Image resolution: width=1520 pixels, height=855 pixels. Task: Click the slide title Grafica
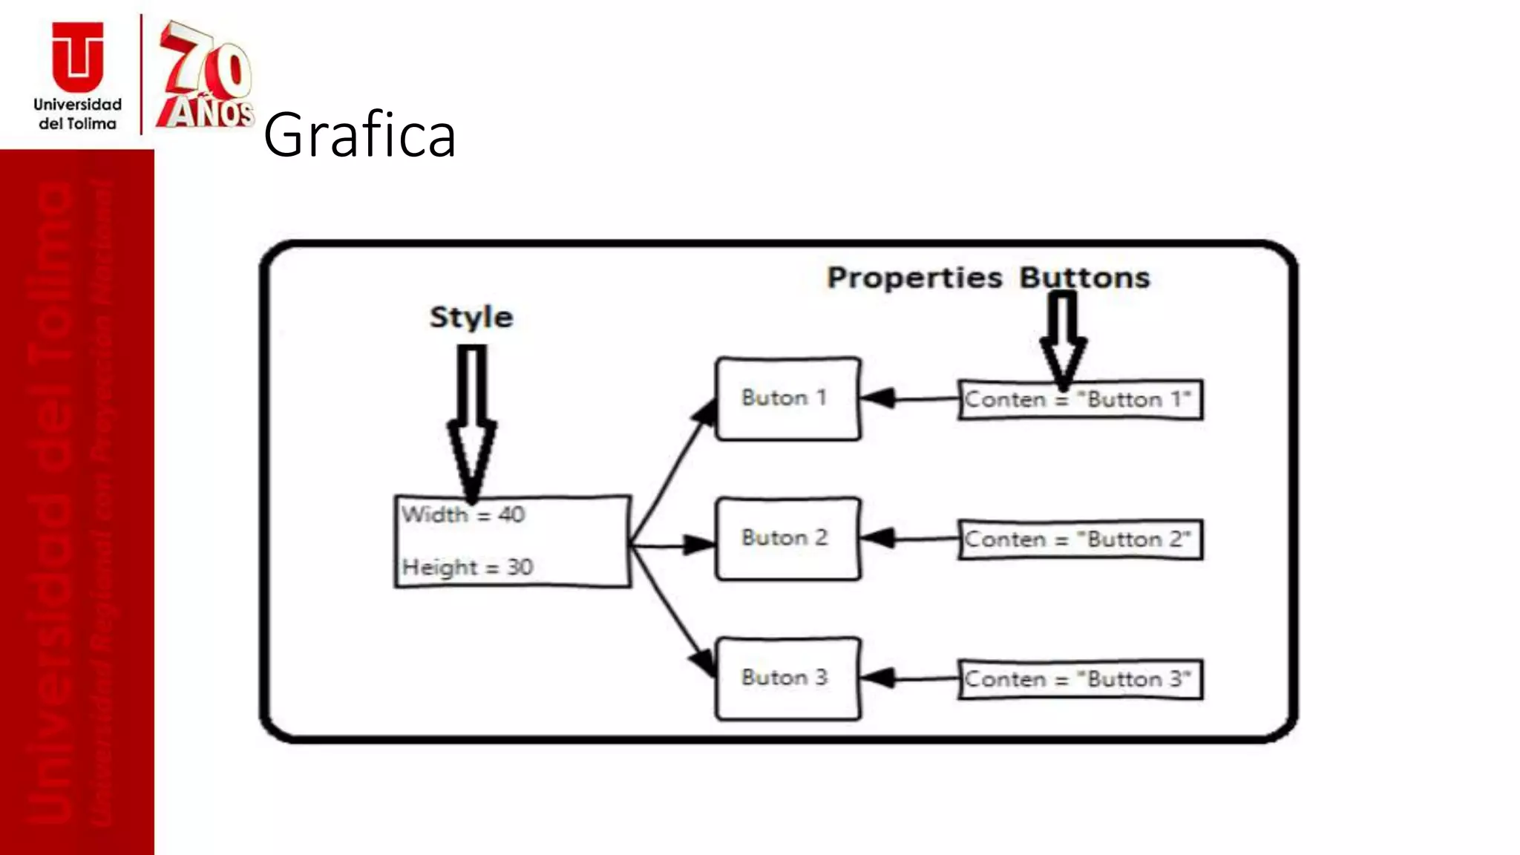pos(359,135)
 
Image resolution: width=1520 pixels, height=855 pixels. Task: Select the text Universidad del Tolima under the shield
pos(77,114)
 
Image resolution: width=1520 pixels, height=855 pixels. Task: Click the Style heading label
pos(471,317)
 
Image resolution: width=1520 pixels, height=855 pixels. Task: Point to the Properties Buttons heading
pos(988,278)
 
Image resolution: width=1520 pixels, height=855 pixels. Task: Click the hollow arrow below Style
pos(471,423)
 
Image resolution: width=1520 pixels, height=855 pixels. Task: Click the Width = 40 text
pos(463,514)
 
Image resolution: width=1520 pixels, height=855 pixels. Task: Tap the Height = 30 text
pos(468,567)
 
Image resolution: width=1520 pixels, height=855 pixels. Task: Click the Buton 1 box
pos(787,399)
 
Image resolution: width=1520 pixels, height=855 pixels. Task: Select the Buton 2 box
pos(787,538)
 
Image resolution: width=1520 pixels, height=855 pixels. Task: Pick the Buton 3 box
pos(787,678)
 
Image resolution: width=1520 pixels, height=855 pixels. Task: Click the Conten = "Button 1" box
pos(1080,400)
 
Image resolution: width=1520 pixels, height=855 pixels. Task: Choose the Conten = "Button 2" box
pos(1080,540)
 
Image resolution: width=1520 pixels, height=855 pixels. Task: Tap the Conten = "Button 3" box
pos(1080,679)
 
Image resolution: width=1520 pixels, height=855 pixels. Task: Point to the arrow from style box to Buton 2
pos(672,546)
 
